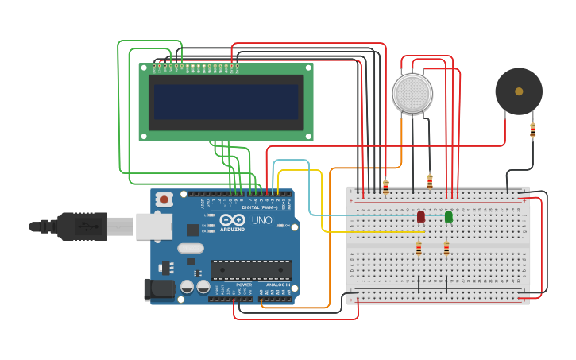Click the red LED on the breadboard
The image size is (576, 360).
click(421, 216)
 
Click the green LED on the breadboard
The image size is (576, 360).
click(448, 216)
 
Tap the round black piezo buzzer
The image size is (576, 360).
click(519, 91)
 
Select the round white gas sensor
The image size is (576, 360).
click(412, 94)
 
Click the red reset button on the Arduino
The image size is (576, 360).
click(164, 199)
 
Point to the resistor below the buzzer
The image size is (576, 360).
click(532, 130)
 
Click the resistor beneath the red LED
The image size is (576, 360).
click(419, 249)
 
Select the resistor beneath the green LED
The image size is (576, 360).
click(446, 249)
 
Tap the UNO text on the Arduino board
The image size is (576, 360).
click(261, 220)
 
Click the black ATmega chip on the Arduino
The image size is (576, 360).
click(250, 270)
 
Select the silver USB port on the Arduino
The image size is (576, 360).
click(153, 226)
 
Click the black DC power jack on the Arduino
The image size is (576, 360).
click(159, 289)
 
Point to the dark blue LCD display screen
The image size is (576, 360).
click(226, 102)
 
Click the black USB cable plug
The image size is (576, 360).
click(79, 226)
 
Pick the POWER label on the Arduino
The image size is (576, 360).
click(244, 285)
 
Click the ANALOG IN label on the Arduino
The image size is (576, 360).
click(277, 285)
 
